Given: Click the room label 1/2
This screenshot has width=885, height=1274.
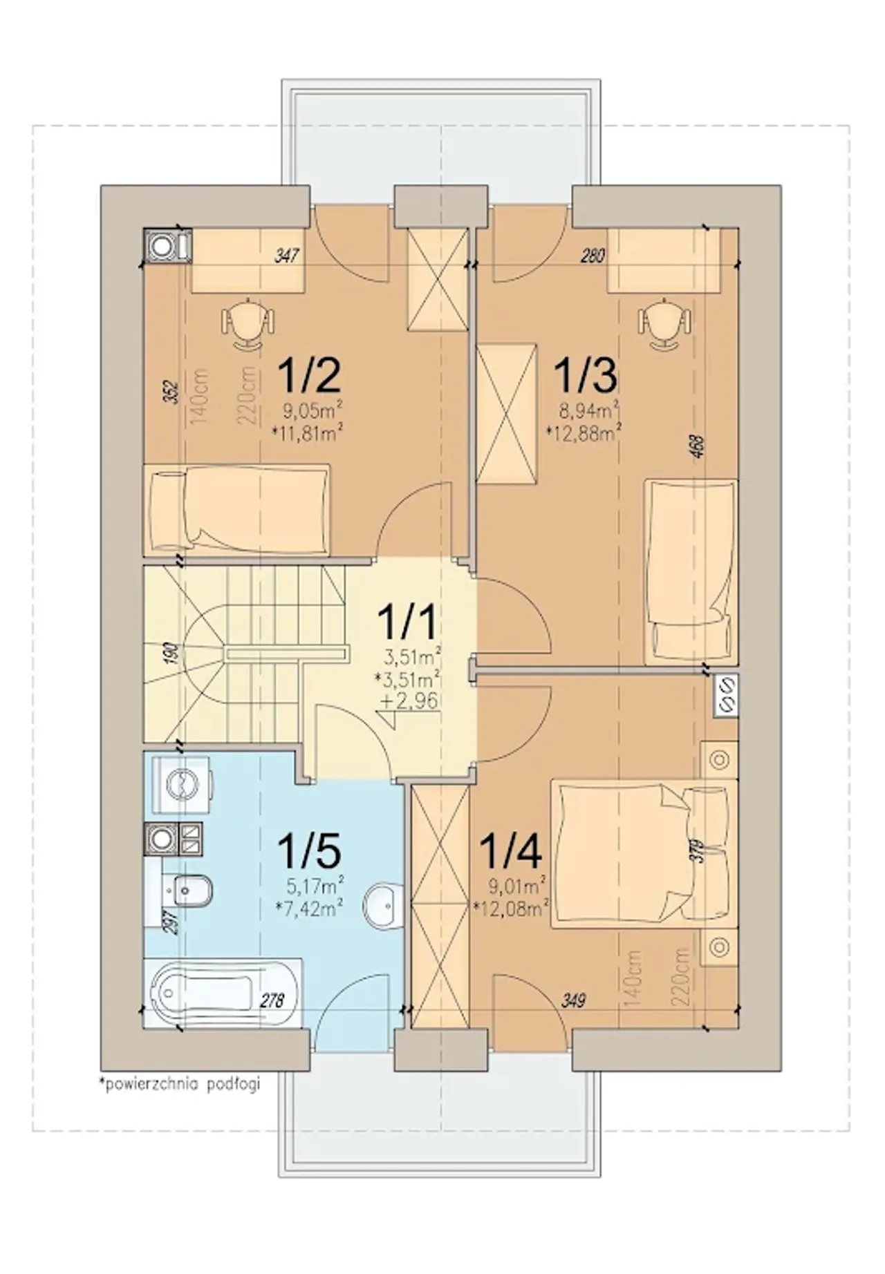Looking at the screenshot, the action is [x=309, y=375].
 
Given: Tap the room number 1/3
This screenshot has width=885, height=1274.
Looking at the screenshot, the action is [x=586, y=375].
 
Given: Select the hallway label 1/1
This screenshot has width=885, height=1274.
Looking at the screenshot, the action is [x=408, y=621].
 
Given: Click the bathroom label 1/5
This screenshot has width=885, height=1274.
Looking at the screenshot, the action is [x=309, y=850].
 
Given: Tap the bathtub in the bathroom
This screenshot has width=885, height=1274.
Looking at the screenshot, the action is [x=223, y=993].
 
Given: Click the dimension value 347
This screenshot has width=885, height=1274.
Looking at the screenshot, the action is [x=286, y=256].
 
